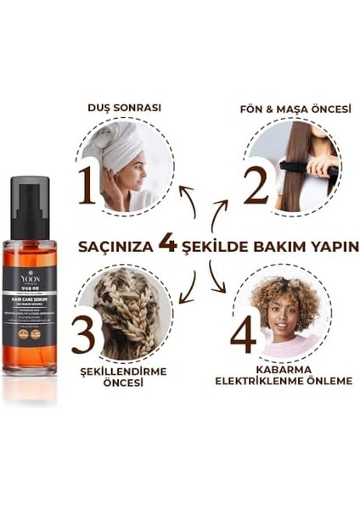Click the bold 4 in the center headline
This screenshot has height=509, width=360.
pos(168,245)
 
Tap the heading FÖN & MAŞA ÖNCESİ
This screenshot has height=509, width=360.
pos(285,108)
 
